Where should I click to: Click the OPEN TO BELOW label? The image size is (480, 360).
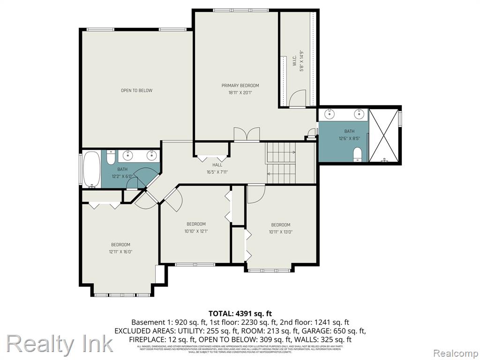[x=136, y=90]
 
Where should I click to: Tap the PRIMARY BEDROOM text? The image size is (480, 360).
[x=240, y=85]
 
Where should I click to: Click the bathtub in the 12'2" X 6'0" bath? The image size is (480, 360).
[x=91, y=169]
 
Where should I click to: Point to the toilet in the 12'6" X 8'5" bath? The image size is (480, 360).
[x=357, y=154]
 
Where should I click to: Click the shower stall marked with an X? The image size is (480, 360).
[x=384, y=135]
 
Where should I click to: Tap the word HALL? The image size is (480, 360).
[x=217, y=165]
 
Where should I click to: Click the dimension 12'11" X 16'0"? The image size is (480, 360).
[x=120, y=252]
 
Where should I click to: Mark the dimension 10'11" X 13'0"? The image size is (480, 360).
[x=280, y=232]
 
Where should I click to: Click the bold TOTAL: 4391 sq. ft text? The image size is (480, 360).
[x=240, y=313]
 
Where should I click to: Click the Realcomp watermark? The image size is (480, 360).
[x=455, y=352]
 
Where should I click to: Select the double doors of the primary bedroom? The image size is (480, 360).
[x=247, y=135]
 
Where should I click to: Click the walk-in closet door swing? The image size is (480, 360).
[x=297, y=99]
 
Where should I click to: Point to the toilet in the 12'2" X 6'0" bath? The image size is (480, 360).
[x=111, y=157]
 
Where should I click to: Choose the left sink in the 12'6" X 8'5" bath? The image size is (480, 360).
[x=330, y=113]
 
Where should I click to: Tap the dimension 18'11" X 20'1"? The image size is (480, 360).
[x=240, y=93]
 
